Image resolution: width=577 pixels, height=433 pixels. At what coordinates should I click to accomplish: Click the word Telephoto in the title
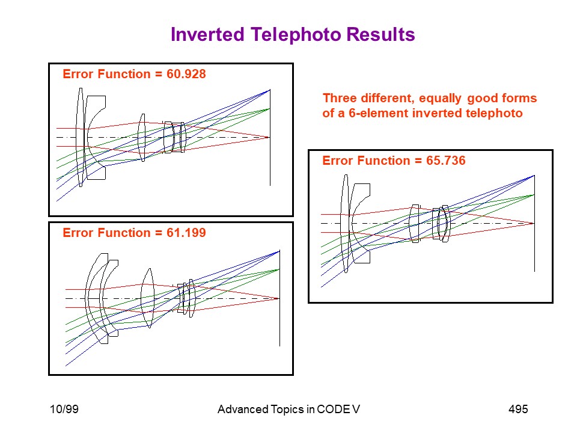pos(296,35)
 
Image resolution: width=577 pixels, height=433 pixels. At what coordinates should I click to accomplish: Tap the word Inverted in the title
pos(208,35)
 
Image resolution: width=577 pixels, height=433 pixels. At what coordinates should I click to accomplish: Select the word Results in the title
pos(381,35)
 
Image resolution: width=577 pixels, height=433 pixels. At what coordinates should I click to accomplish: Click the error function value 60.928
pos(186,74)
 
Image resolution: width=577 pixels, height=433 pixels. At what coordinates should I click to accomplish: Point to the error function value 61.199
pos(186,233)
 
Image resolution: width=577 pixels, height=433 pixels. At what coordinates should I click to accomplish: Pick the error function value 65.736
pos(445,161)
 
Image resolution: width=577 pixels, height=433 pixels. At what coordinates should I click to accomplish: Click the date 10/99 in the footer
pos(64,409)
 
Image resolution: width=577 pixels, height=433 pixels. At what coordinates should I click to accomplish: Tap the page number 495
pos(518,409)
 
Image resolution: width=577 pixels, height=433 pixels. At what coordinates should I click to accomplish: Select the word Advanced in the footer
pos(243,409)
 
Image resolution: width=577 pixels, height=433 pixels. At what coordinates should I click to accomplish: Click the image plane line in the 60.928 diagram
pos(270,137)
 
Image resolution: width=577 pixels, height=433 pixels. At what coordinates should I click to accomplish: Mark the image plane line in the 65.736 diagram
pos(534,224)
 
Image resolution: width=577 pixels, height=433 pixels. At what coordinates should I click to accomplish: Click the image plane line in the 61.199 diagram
pos(279,298)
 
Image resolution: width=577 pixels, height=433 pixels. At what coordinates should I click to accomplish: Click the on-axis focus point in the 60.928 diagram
pos(270,137)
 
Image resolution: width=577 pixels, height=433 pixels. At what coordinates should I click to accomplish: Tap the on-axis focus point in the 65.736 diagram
pos(534,224)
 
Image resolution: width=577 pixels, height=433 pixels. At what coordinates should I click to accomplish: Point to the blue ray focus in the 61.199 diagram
pos(279,251)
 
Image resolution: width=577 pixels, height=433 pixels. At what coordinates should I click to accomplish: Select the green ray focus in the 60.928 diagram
pos(270,109)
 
